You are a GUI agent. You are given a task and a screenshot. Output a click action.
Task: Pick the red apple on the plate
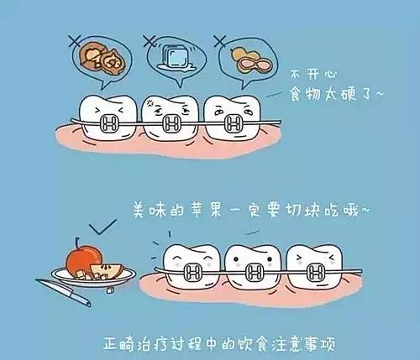point(82,255)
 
